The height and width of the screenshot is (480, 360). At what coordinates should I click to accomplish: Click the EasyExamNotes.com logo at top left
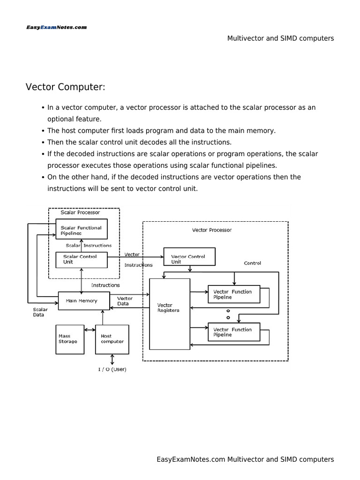tap(56, 27)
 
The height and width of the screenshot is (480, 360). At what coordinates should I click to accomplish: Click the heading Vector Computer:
tap(65, 87)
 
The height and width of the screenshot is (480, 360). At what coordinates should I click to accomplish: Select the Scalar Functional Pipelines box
tap(82, 230)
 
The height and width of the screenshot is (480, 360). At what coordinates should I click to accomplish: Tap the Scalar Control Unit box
tap(82, 260)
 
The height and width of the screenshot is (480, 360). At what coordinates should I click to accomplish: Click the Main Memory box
tap(84, 301)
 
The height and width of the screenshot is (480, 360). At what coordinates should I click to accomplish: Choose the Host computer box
tap(112, 338)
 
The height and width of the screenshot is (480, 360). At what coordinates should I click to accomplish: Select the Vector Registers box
tap(169, 314)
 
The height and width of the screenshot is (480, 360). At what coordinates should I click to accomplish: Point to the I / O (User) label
tap(112, 369)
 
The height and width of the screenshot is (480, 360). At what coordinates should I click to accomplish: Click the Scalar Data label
tap(40, 312)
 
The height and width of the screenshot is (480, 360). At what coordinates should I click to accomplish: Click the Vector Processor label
tap(212, 230)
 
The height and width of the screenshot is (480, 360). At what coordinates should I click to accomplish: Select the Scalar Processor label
tap(80, 212)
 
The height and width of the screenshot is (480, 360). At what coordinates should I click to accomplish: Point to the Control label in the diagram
tap(252, 263)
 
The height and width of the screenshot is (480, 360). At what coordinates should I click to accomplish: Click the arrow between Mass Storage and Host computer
tap(90, 330)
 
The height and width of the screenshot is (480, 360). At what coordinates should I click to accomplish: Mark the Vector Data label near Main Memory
tap(125, 301)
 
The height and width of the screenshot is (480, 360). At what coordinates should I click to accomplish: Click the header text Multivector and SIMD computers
tap(280, 38)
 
